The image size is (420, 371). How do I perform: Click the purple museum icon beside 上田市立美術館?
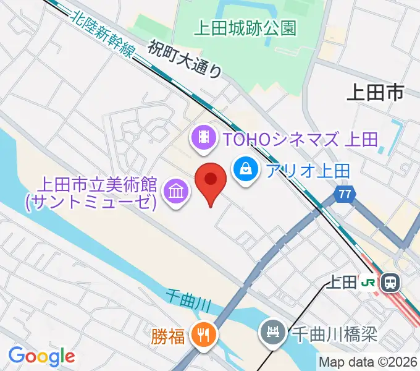(x=174, y=192)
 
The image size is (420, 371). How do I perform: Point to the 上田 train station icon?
(x=390, y=283)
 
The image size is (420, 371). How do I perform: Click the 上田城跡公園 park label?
(x=245, y=28)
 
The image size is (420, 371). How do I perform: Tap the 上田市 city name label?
(x=374, y=93)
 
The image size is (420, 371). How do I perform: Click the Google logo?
(x=41, y=356)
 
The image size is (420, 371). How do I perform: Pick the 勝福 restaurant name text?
(x=167, y=336)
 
